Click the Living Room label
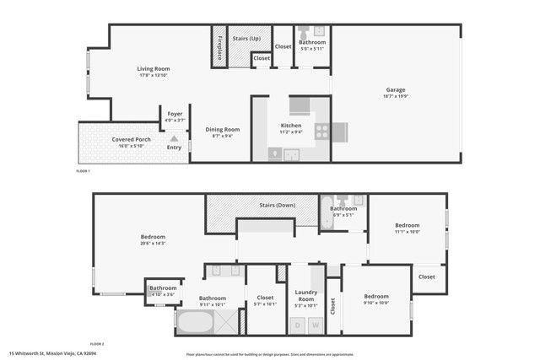(x=154, y=69)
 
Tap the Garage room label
(x=397, y=90)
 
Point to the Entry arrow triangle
(x=175, y=138)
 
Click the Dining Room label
(x=223, y=129)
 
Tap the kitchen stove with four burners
(x=321, y=131)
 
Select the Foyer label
(x=175, y=113)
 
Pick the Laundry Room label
(x=305, y=297)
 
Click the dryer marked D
(x=298, y=325)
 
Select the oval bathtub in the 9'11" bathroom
(x=195, y=322)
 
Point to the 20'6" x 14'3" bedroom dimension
(x=153, y=244)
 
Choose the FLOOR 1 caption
(x=82, y=171)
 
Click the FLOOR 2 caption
(x=96, y=344)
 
